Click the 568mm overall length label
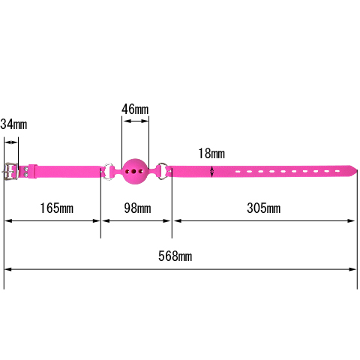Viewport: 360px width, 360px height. click(x=175, y=256)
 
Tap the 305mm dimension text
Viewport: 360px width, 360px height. click(x=264, y=208)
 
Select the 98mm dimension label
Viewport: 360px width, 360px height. click(x=137, y=208)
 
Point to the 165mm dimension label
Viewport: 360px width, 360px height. click(x=57, y=208)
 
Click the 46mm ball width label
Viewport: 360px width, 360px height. click(x=135, y=109)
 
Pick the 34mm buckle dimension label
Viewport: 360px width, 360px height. click(x=13, y=124)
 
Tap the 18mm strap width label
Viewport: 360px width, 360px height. click(x=211, y=154)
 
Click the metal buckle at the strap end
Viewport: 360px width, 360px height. click(x=10, y=170)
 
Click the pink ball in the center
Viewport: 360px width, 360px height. click(x=135, y=172)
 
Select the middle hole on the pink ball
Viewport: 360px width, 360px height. click(x=134, y=172)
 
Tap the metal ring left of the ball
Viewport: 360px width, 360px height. click(x=109, y=171)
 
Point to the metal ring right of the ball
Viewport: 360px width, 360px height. click(x=163, y=171)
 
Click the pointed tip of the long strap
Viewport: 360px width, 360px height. click(x=357, y=170)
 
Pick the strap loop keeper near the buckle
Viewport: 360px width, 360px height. click(x=32, y=171)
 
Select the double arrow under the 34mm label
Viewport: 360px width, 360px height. click(x=11, y=142)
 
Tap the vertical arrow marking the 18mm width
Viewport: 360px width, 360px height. click(x=212, y=172)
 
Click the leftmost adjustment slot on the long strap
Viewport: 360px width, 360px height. click(x=238, y=172)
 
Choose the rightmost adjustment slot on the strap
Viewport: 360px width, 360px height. click(x=337, y=171)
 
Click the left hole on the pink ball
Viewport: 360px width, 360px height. click(x=127, y=172)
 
